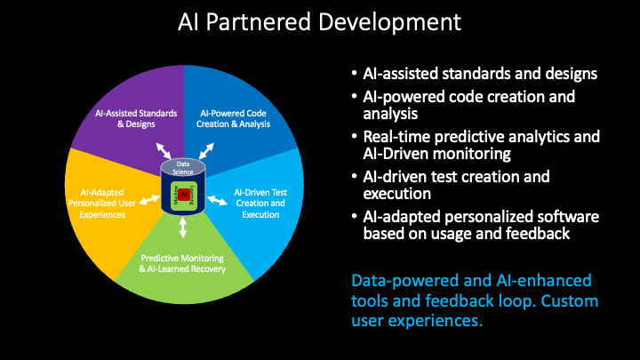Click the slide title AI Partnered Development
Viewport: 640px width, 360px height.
coord(319,22)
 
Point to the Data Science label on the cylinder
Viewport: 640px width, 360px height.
coord(183,167)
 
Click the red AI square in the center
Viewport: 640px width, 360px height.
coord(184,194)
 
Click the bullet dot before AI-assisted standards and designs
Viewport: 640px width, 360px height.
coord(355,74)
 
